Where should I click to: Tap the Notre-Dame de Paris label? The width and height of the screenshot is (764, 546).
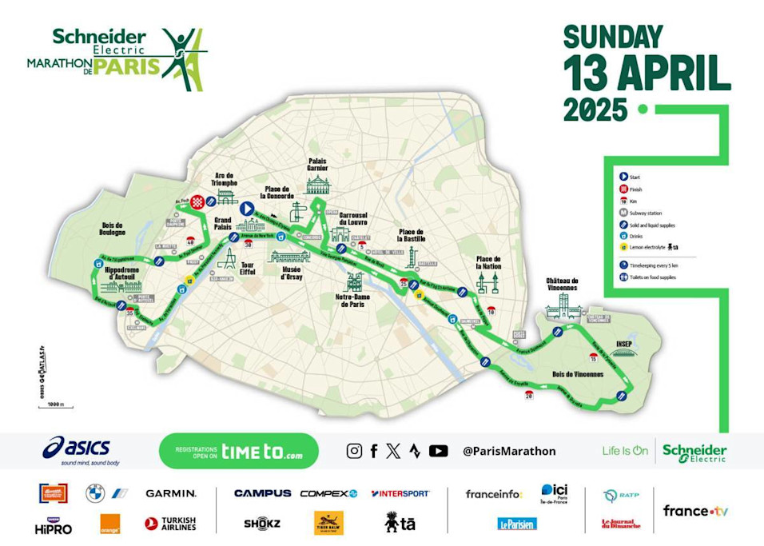[x=356, y=301]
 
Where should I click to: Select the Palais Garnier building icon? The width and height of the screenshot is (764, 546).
[x=318, y=186]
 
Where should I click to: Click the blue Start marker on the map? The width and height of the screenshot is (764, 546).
[x=247, y=209]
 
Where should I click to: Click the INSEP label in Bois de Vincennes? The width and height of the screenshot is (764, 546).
[x=623, y=345]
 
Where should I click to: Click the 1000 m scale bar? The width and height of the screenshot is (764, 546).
[x=50, y=406]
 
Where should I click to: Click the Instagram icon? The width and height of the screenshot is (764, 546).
[x=354, y=451]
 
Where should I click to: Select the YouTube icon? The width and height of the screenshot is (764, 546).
[x=438, y=451]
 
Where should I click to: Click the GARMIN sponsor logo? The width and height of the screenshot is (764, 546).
[x=170, y=493]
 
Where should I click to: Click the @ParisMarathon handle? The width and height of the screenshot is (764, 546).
[x=509, y=451]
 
